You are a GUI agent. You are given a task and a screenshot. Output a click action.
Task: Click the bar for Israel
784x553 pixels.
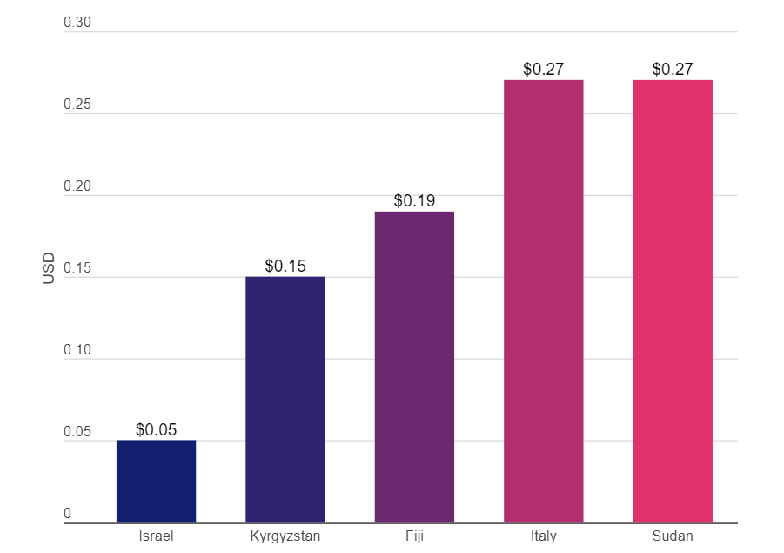pos(156,481)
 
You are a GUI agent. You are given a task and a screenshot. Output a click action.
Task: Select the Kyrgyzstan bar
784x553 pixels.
pos(285,400)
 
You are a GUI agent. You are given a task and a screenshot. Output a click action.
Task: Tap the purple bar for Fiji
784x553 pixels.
pos(414,367)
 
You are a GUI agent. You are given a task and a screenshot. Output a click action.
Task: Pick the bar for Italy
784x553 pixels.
pos(544,301)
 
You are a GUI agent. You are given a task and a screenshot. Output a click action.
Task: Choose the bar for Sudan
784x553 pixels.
pos(673,301)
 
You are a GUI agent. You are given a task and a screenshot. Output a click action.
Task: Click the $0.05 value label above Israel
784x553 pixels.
pos(156,429)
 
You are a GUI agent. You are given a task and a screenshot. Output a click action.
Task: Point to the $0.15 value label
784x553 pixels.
pos(285,266)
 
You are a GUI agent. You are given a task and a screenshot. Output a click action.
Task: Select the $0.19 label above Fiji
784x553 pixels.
pos(414,200)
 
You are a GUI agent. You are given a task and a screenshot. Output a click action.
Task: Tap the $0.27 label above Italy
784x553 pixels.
pos(544,69)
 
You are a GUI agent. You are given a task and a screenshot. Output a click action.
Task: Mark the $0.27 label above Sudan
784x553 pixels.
pos(673,69)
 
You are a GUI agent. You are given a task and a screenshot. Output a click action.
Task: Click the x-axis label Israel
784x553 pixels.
pos(156,536)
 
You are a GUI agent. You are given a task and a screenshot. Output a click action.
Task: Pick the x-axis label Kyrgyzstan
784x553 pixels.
pos(285,536)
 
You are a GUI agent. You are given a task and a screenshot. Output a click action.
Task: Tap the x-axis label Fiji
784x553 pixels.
pos(414,536)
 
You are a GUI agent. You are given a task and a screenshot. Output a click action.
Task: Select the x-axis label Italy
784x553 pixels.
pos(544,536)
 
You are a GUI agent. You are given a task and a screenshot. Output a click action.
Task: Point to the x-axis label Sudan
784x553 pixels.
pos(673,536)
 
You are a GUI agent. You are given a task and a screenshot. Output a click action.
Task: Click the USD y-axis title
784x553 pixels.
pos(48,268)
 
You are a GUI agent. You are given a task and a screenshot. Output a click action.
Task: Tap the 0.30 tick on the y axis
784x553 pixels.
pos(77,22)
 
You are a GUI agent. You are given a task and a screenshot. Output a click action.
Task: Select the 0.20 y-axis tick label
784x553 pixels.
pos(77,185)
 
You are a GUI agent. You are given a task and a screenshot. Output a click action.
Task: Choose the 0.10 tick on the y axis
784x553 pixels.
pos(77,349)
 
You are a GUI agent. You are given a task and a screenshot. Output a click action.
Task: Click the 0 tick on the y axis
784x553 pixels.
pos(68,513)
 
